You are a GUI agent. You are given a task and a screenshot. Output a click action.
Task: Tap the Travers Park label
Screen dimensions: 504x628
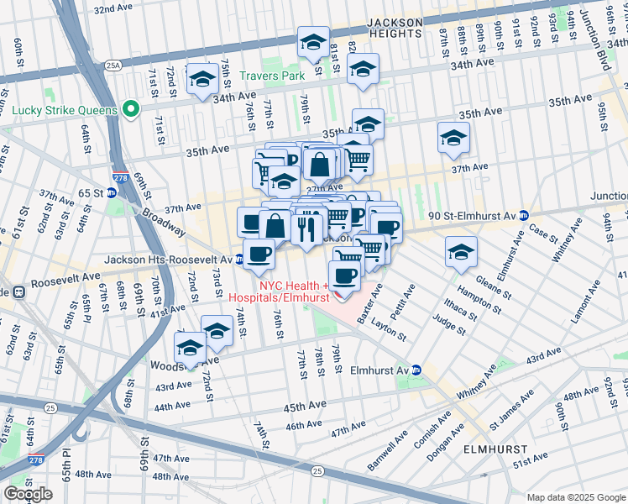pyautogui.click(x=271, y=76)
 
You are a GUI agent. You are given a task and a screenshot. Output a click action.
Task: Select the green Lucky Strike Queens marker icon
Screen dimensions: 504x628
pyautogui.click(x=130, y=109)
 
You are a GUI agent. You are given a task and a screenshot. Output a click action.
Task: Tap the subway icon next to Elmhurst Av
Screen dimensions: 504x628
pyautogui.click(x=416, y=370)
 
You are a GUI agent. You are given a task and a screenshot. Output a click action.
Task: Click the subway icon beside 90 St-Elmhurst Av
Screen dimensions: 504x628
pyautogui.click(x=524, y=215)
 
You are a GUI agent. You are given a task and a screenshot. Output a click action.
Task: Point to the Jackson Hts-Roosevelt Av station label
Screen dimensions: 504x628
pyautogui.click(x=168, y=260)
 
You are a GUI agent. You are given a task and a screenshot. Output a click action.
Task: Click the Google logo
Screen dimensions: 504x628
pyautogui.click(x=29, y=493)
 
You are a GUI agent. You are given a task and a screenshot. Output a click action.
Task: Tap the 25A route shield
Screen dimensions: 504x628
pyautogui.click(x=113, y=64)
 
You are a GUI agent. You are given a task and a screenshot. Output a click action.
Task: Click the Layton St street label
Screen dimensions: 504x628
pyautogui.click(x=388, y=328)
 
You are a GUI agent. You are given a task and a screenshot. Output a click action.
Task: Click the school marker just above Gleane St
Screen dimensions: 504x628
pyautogui.click(x=461, y=251)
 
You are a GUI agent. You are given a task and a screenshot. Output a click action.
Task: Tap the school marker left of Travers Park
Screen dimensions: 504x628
pyautogui.click(x=202, y=79)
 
